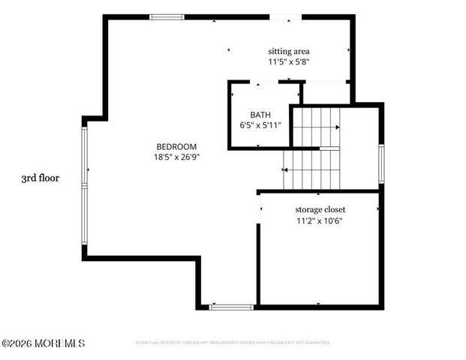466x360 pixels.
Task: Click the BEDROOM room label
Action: point(176,146)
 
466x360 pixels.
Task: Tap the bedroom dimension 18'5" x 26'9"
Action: point(176,157)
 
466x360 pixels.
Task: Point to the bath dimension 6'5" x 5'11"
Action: point(260,125)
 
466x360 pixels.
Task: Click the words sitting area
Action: point(289,51)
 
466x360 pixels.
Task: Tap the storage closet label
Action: point(320,209)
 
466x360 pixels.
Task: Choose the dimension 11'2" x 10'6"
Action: point(320,220)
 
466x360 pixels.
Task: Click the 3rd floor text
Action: point(41,178)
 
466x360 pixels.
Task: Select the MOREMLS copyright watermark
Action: point(43,343)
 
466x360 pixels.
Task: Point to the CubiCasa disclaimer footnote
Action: point(233,342)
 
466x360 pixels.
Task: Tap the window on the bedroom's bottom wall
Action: point(231,306)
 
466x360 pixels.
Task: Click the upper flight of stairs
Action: point(315,127)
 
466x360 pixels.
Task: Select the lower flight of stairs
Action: point(311,169)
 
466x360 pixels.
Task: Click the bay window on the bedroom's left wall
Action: point(86,185)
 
